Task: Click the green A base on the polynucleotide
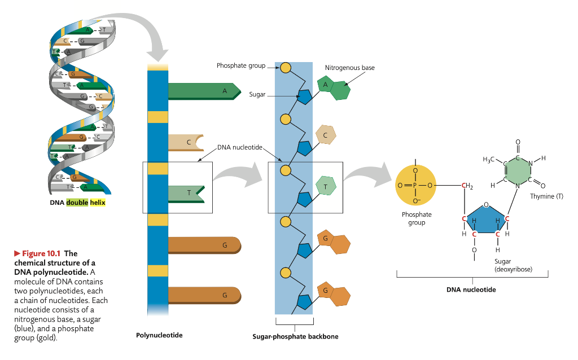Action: (x=200, y=91)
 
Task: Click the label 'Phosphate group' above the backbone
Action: (x=241, y=66)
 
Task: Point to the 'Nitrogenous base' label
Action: (x=349, y=68)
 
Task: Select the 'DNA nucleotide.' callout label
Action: (x=240, y=147)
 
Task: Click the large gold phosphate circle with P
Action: (x=415, y=185)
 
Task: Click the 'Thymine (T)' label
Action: (x=546, y=196)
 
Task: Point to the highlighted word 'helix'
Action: (x=98, y=202)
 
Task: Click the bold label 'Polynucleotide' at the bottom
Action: (x=159, y=335)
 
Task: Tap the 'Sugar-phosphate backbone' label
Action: (x=295, y=337)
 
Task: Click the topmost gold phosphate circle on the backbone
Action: (x=286, y=68)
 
